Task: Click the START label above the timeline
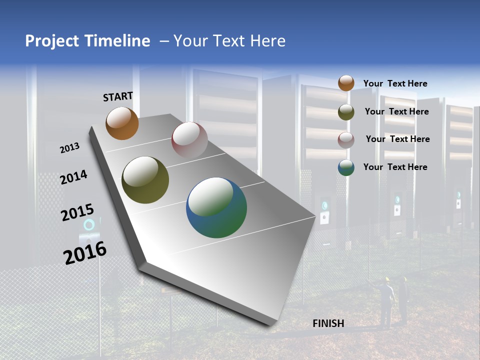(x=118, y=96)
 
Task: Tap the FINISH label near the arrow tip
(x=328, y=323)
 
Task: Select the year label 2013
(x=69, y=148)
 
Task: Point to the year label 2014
(x=73, y=177)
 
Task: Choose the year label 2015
(x=77, y=213)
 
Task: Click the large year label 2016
(x=85, y=253)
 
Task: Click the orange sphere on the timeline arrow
(x=122, y=123)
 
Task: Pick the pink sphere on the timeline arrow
(x=189, y=139)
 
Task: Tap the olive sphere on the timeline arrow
(x=145, y=180)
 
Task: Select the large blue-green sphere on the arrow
(x=216, y=207)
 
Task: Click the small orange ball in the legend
(x=346, y=83)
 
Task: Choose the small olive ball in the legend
(x=346, y=111)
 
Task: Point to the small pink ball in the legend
(x=346, y=139)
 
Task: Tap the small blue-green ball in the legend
(x=346, y=167)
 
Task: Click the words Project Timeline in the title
(x=87, y=41)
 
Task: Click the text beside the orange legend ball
(x=395, y=83)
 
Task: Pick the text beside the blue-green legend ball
(x=395, y=167)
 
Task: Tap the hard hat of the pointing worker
(x=387, y=279)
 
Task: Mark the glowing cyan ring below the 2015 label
(x=89, y=224)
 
